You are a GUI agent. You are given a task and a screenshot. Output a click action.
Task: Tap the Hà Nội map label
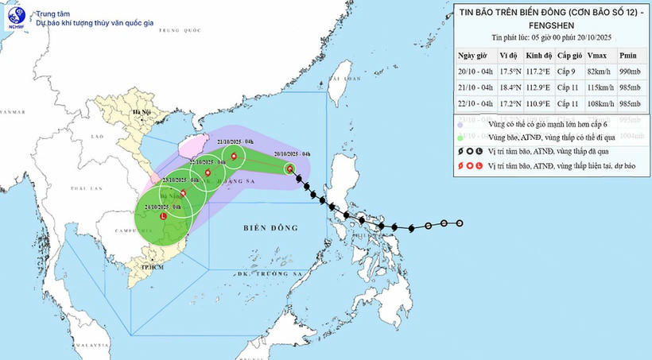tap(142, 113)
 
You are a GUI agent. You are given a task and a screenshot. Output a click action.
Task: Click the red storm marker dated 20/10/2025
tap(289, 168)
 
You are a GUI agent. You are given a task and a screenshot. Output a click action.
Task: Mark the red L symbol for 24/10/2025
tap(164, 215)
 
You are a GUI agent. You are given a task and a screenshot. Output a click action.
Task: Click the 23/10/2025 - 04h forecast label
tap(173, 180)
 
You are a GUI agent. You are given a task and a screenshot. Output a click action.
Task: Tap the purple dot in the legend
tap(460, 124)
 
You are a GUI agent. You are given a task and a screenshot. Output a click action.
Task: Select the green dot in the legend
tap(460, 137)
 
